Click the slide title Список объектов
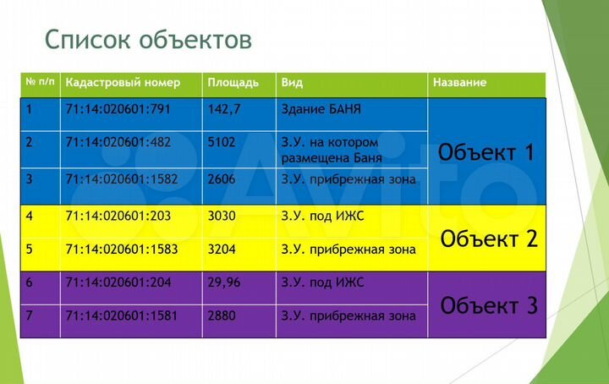point(147,40)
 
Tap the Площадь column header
point(233,83)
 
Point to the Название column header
point(459,83)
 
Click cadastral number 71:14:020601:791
point(118,109)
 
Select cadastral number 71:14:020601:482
point(118,142)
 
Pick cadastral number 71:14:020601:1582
point(121,179)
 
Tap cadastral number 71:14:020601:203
point(118,216)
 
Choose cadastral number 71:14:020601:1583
point(121,250)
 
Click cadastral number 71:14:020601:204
point(118,283)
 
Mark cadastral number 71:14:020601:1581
point(121,315)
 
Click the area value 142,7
point(224,109)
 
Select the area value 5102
point(222,142)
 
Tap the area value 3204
point(222,250)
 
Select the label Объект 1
point(486,153)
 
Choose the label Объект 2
point(489,239)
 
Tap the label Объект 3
point(489,305)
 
